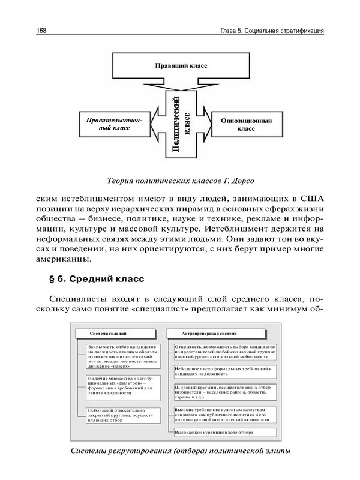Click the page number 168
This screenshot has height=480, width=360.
pos(43,31)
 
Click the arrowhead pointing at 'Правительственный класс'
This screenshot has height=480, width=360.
pos(154,127)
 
